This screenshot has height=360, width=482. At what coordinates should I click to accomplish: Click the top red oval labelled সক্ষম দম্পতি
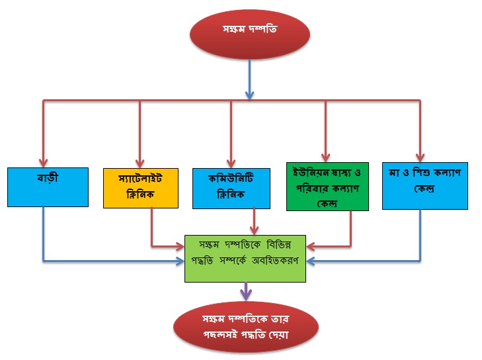[251, 33]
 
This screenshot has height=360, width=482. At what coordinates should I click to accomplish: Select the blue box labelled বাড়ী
[48, 187]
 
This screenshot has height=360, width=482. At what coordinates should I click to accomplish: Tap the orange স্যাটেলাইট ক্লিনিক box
[141, 187]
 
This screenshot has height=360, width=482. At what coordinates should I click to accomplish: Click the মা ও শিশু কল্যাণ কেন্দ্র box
[424, 185]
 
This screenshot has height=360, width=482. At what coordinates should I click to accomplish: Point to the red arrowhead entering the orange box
[140, 163]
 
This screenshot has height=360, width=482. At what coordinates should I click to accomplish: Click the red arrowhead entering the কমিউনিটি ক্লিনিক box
[231, 163]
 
